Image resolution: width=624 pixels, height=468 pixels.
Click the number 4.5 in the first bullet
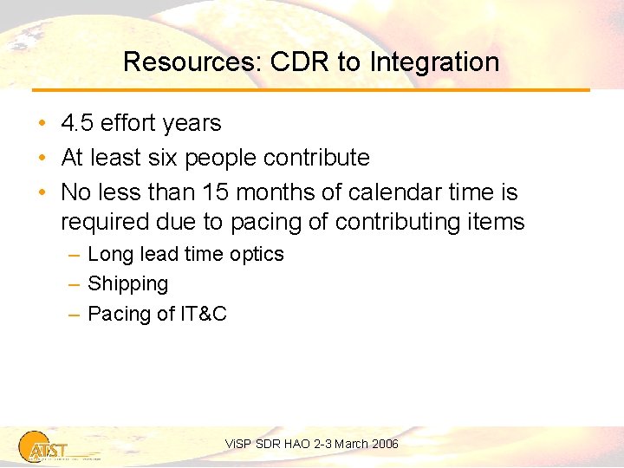point(77,123)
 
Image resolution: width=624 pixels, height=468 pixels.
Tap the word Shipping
point(128,284)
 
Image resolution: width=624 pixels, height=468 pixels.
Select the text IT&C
point(204,314)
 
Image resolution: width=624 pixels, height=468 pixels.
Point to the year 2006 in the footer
point(385,444)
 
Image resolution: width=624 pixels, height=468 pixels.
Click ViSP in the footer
point(237,444)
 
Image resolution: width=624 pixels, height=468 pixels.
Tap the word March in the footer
point(351,444)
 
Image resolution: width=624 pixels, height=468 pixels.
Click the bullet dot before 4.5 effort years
point(42,124)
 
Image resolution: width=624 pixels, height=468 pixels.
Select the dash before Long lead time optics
point(75,255)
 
